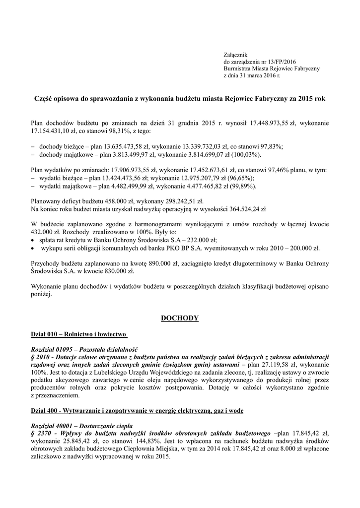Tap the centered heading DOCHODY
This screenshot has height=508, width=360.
(x=179, y=317)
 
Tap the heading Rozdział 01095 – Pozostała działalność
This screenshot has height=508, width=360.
(x=84, y=349)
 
